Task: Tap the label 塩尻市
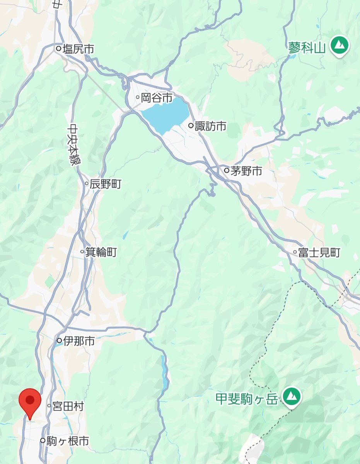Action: click(x=78, y=49)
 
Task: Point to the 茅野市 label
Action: click(x=246, y=171)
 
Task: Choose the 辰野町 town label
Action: click(x=106, y=184)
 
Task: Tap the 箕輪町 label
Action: click(x=101, y=252)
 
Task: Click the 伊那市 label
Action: click(x=79, y=341)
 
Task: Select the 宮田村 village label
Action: click(x=68, y=406)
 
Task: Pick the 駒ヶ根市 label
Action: click(x=68, y=441)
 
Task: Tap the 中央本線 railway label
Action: click(x=72, y=145)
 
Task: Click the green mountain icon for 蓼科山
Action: click(x=340, y=46)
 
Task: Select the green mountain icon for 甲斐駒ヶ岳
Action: click(x=291, y=396)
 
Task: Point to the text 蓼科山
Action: click(x=307, y=48)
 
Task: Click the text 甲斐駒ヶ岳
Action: click(x=246, y=398)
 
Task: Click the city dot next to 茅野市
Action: click(x=227, y=170)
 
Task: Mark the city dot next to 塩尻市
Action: click(x=58, y=49)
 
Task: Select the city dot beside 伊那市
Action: click(x=59, y=341)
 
